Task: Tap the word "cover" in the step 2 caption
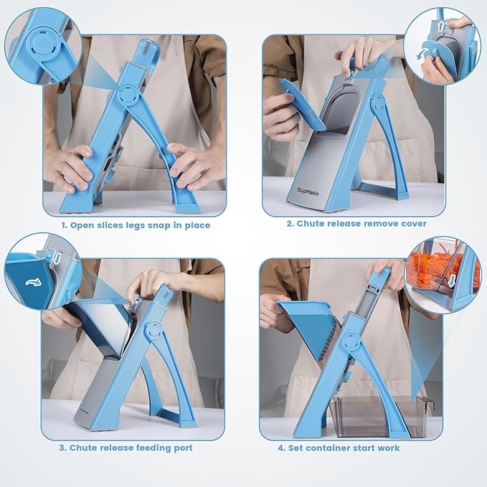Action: click(x=410, y=224)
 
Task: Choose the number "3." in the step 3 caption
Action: click(x=63, y=448)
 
